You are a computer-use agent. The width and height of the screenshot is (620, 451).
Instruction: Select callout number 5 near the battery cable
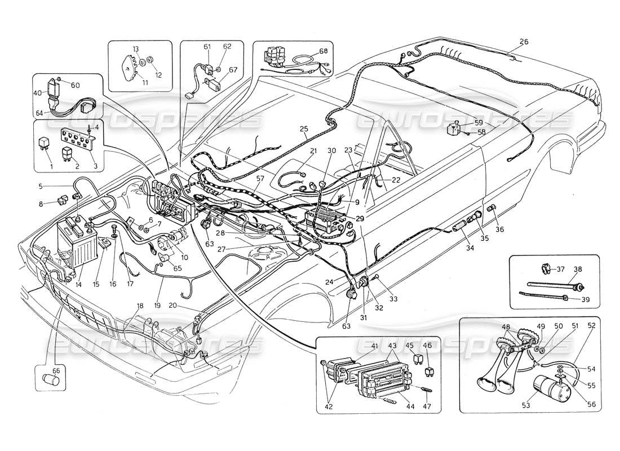(x=41, y=186)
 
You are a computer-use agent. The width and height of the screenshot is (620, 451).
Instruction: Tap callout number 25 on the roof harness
(x=304, y=129)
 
